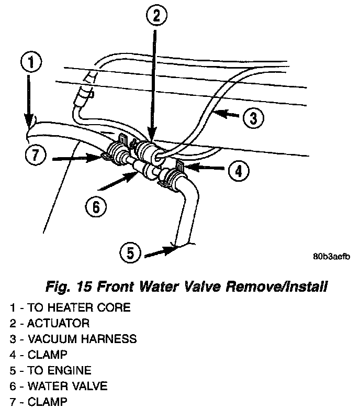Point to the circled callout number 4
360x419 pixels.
(x=238, y=171)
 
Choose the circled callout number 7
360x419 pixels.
(x=35, y=155)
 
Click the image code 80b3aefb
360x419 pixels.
(x=330, y=257)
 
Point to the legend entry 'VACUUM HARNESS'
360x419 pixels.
(x=73, y=339)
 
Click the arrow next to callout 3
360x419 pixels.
(x=225, y=114)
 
